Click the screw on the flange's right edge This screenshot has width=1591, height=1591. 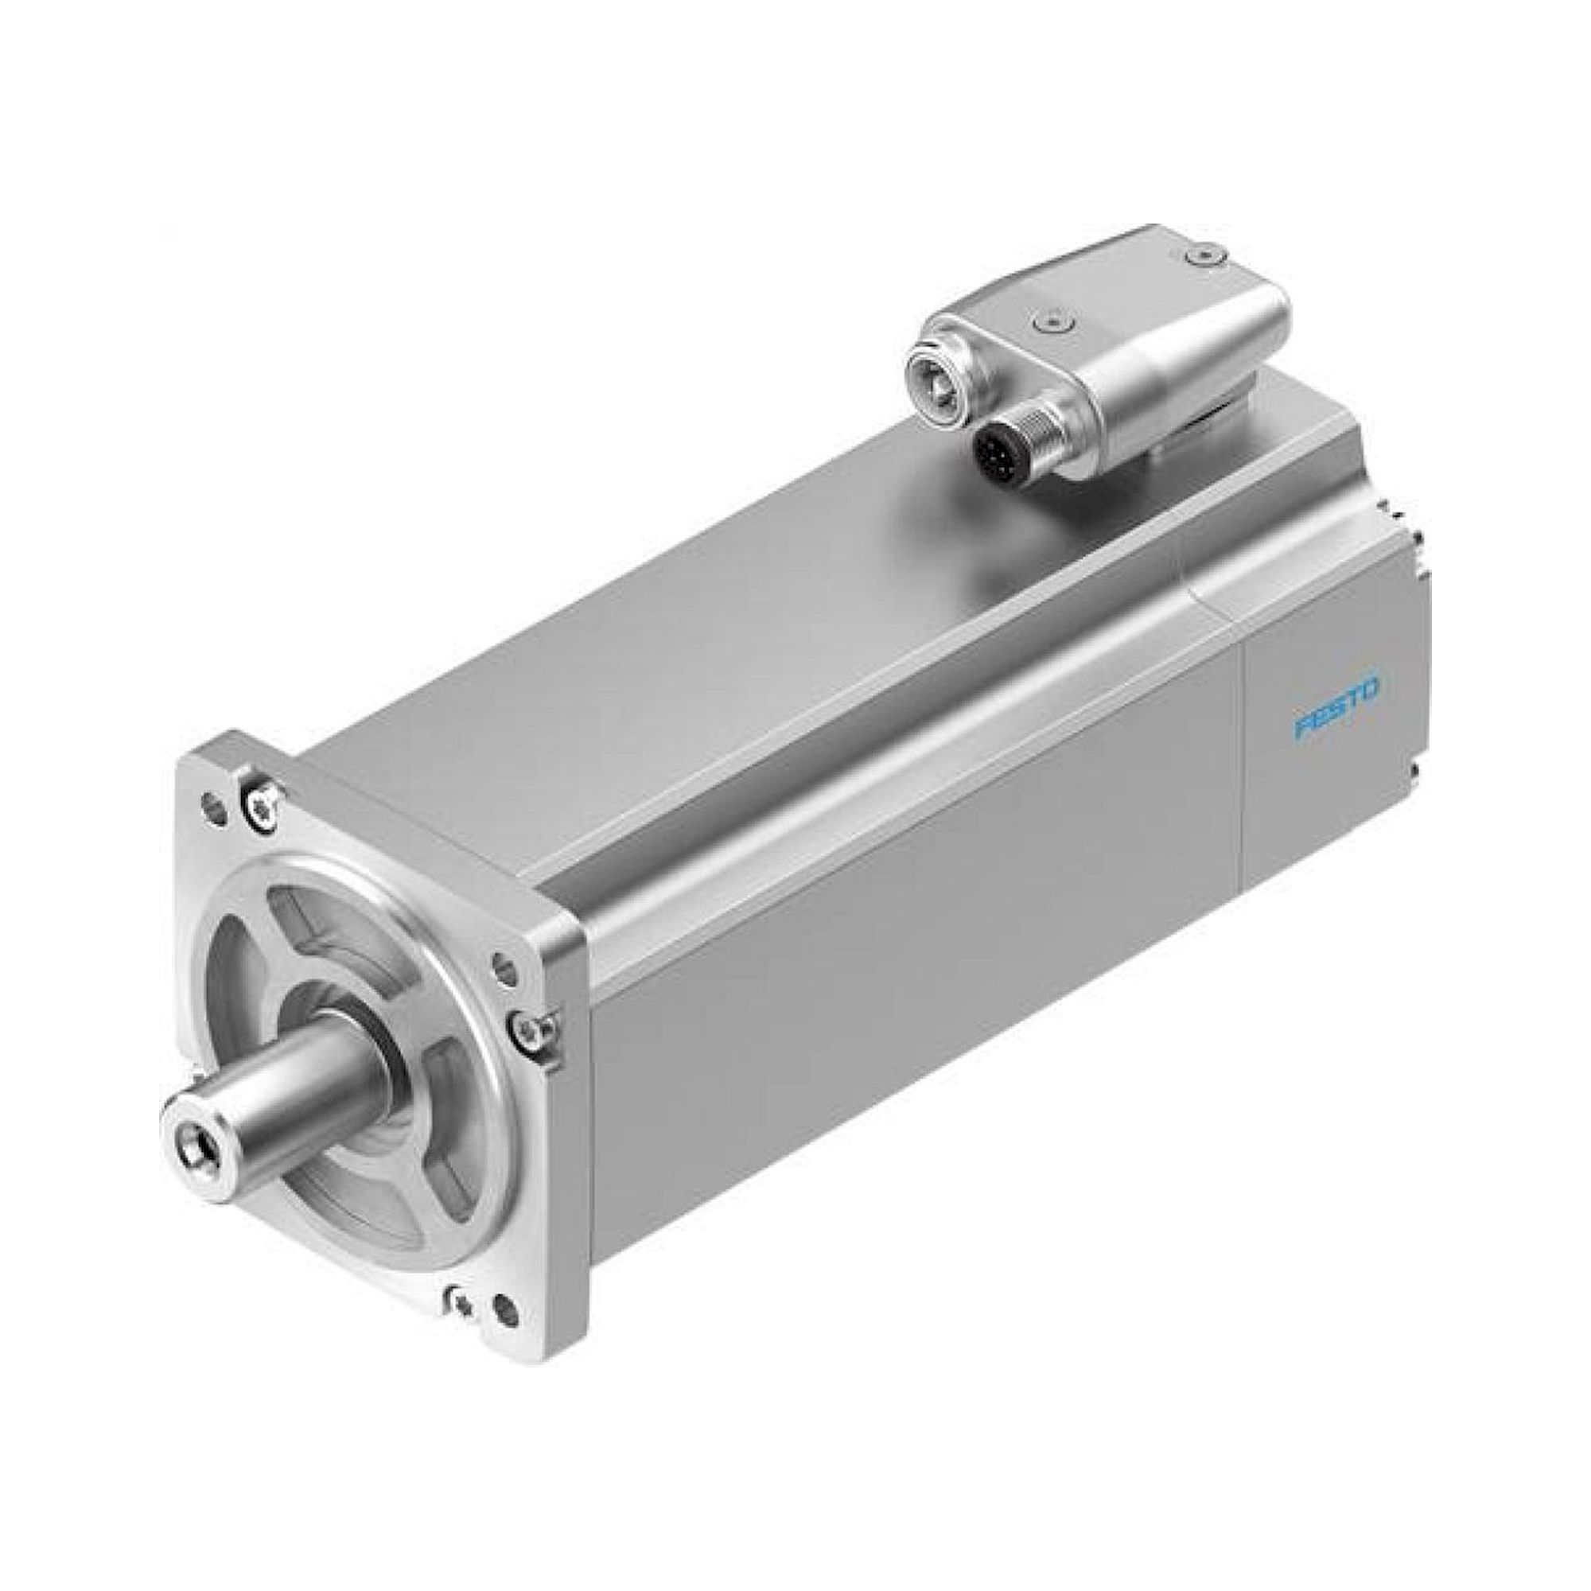pos(530,1028)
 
